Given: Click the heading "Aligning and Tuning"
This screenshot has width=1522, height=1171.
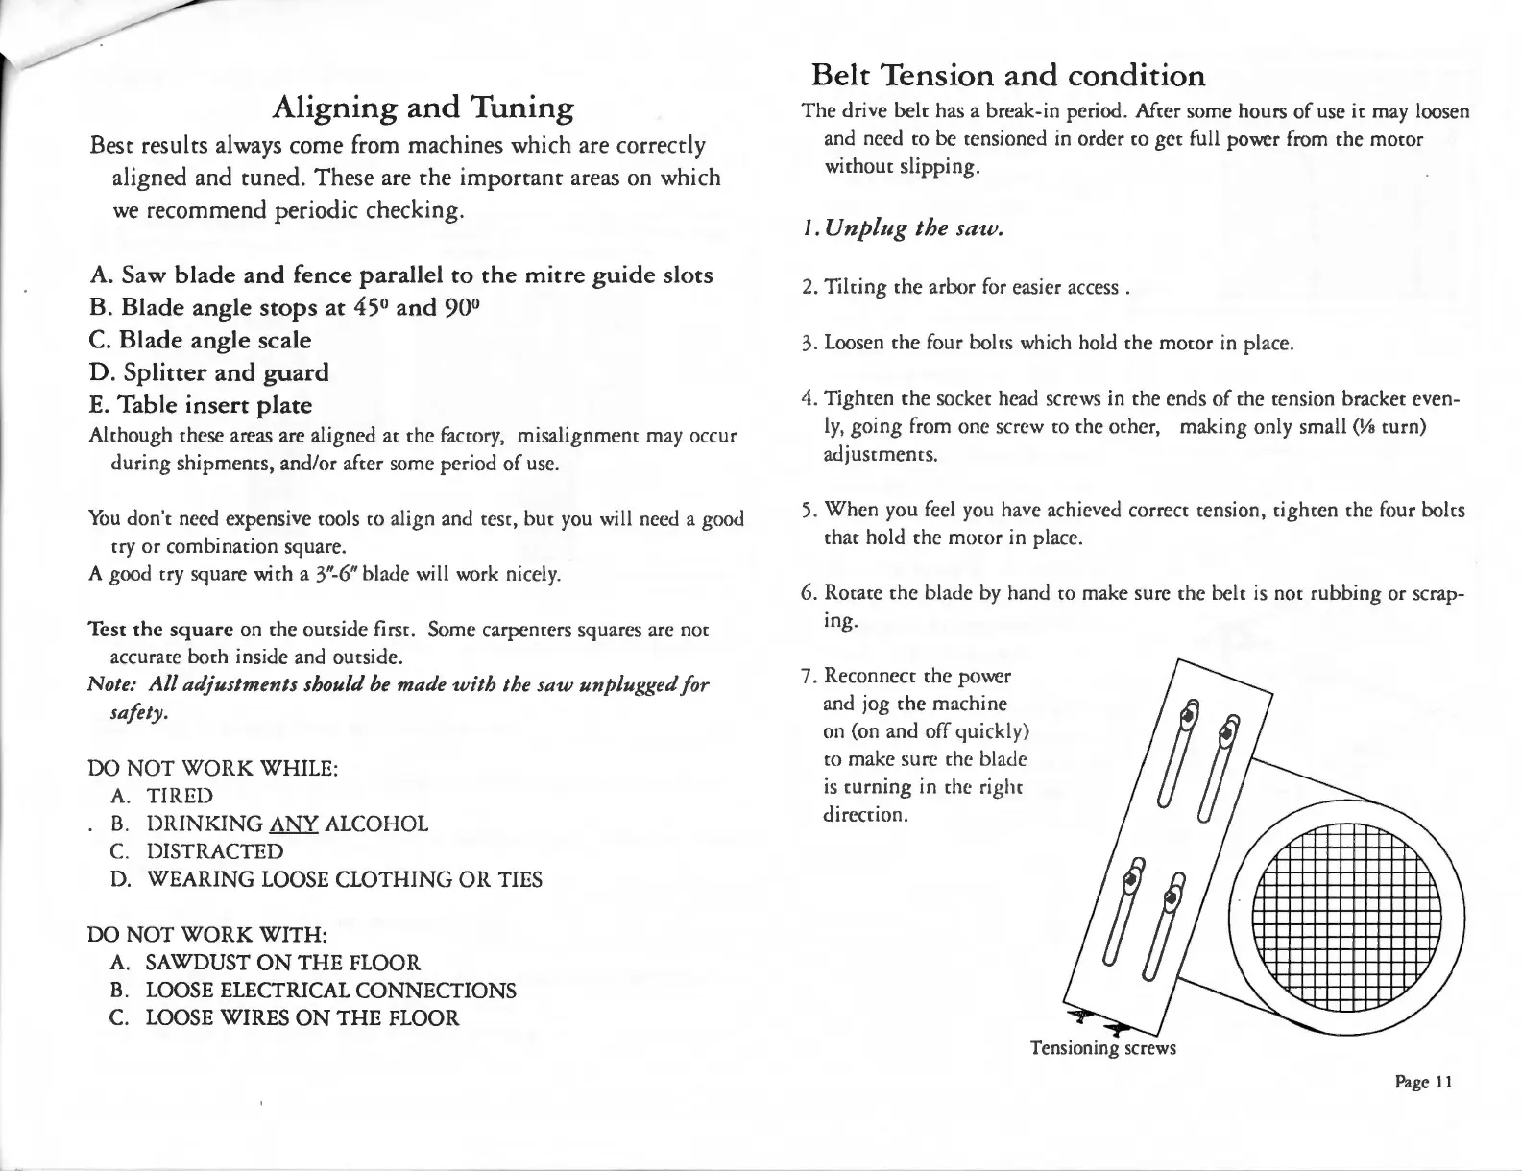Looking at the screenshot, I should (x=423, y=108).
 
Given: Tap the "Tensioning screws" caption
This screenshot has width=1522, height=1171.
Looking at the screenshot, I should (x=1102, y=1047).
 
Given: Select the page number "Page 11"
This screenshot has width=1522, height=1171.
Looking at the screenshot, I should (x=1424, y=1082).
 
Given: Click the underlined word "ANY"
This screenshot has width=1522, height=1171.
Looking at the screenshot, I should (x=295, y=824).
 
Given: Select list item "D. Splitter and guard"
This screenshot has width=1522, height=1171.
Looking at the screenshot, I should (x=208, y=372).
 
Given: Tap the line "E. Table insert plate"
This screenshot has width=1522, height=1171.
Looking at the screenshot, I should (x=201, y=405).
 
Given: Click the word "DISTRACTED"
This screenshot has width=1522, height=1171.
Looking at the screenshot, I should (x=215, y=851).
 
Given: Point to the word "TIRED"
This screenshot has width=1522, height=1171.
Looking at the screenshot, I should (x=180, y=796).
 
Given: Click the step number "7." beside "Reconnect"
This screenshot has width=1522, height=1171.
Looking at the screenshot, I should (x=809, y=676).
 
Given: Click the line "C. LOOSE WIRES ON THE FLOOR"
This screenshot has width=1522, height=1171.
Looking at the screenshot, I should (x=284, y=1018).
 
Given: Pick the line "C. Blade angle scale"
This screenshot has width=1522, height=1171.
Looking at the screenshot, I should (x=201, y=341).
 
